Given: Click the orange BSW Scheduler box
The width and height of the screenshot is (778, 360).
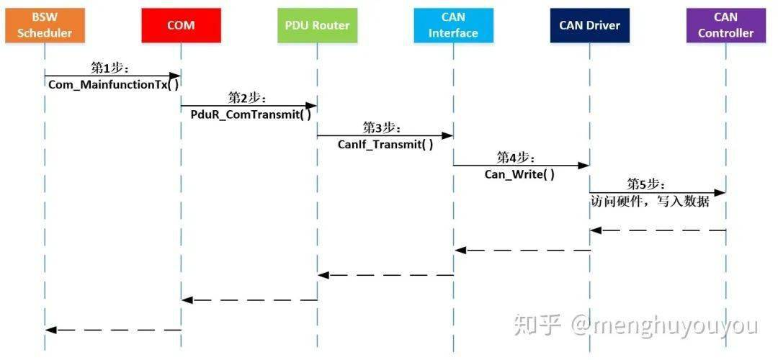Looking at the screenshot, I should tap(45, 25).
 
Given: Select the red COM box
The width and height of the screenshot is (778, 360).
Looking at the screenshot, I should tap(181, 25).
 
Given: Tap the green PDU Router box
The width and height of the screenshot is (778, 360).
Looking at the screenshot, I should tap(317, 25).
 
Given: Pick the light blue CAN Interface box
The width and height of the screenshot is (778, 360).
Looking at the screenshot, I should tap(453, 25).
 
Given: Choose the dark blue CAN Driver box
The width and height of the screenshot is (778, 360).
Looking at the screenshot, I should tap(589, 25).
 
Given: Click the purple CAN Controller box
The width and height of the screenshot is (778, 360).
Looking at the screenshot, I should tap(725, 25).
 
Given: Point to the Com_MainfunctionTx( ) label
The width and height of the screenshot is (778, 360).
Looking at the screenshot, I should tap(113, 84).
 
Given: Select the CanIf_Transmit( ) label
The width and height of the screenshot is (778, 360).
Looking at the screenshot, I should tap(385, 144).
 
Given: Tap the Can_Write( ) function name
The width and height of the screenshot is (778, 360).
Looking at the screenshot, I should tap(519, 174).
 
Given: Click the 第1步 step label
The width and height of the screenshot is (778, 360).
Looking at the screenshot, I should tap(109, 68).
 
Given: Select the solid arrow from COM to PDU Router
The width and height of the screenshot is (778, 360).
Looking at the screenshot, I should tap(249, 105).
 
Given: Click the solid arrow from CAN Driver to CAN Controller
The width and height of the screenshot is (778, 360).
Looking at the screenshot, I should tap(657, 193).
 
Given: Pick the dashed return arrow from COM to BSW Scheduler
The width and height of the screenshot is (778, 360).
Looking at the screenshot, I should tap(113, 330).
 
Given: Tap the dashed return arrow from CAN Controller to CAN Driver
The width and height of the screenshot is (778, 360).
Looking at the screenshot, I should tap(657, 230).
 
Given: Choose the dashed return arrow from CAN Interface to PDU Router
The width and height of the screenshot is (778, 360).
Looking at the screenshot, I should tap(385, 274).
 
